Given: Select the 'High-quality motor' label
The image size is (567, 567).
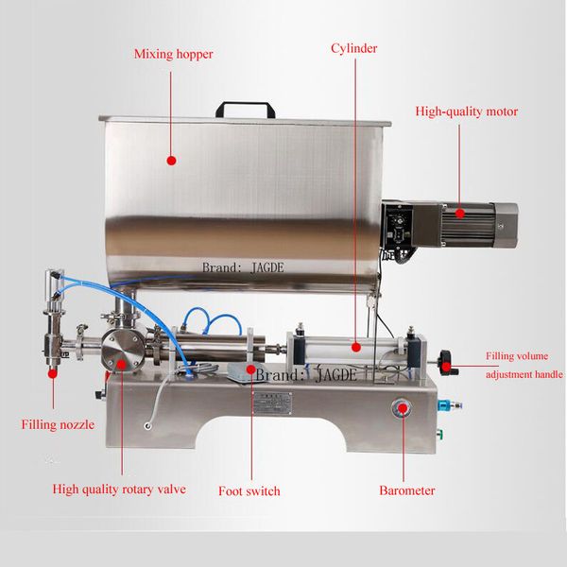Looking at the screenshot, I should click(x=466, y=112).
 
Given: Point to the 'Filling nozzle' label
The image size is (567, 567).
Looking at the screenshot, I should click(x=58, y=424).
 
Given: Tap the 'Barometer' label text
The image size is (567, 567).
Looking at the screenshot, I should click(x=406, y=490).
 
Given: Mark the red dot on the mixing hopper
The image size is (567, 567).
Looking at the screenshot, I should click(x=171, y=162).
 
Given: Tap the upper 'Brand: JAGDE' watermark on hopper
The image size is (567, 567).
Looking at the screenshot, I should click(x=243, y=267).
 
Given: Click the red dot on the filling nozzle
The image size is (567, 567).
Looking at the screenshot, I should click(x=52, y=371).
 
